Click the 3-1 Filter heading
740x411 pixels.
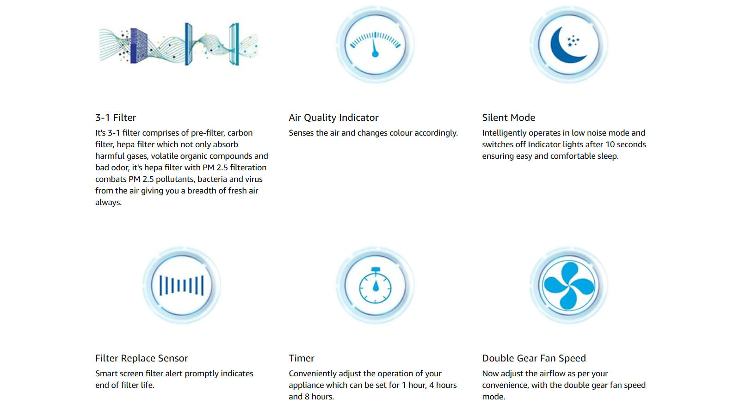pos(116,118)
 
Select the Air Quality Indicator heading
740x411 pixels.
pos(333,118)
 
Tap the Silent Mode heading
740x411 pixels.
pos(508,118)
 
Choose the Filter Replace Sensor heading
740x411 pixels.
pos(142,358)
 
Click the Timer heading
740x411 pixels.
pos(302,358)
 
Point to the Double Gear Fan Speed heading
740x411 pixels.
pos(534,358)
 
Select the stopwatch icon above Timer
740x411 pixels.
pos(375,285)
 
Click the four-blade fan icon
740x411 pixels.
pos(568,286)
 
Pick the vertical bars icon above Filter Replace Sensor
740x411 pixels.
pos(181,285)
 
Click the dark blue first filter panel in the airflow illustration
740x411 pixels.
pos(138,46)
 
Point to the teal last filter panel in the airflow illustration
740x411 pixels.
pos(234,44)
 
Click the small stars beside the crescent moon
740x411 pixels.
pos(573,41)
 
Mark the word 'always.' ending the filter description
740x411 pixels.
pos(108,202)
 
